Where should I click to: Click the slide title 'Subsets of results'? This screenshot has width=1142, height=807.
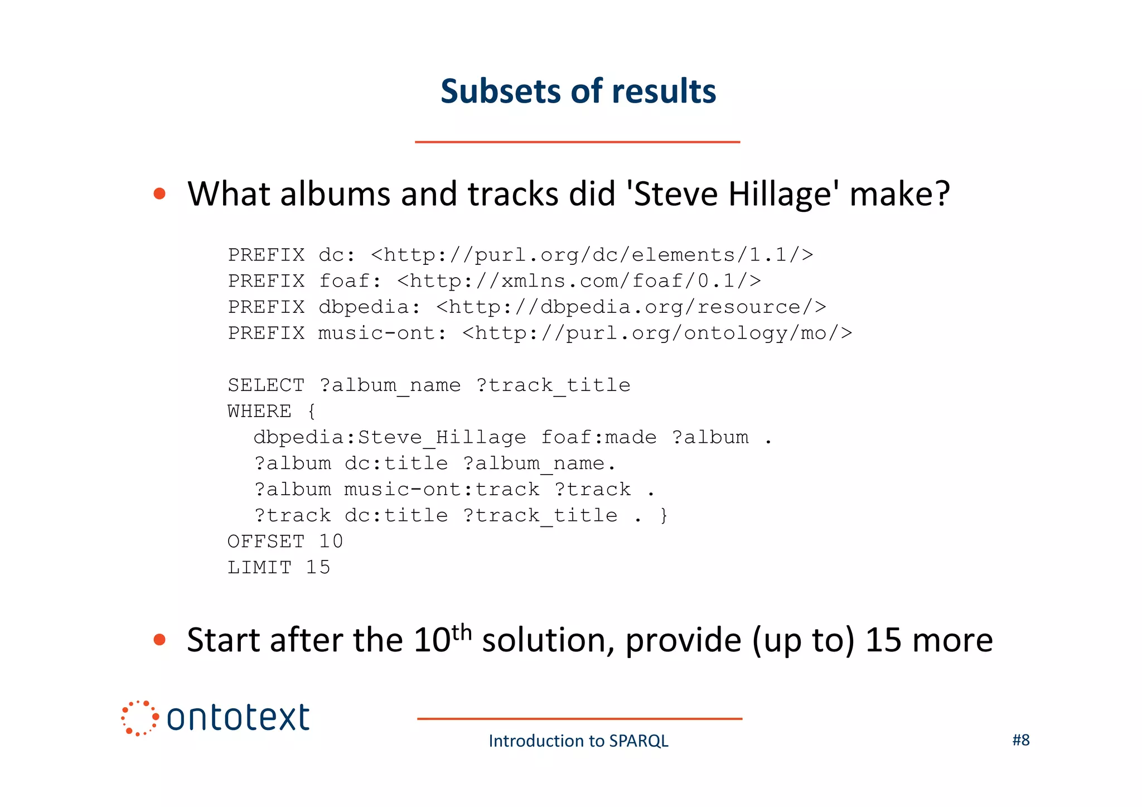[578, 91]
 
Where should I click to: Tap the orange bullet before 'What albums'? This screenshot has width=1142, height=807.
[159, 194]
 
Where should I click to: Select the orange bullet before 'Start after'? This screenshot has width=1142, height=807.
[159, 639]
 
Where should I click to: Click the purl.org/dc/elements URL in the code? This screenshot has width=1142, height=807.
[592, 255]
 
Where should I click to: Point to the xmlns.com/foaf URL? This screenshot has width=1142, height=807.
[579, 281]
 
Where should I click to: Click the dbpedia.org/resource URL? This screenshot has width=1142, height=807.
[631, 307]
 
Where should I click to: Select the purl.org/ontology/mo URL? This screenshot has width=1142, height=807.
[657, 333]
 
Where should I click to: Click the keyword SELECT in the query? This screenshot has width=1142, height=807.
[266, 385]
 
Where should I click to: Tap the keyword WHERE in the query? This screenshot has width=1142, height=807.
[259, 411]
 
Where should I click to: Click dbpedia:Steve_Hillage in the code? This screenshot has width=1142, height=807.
[389, 437]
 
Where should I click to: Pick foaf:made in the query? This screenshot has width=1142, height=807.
[598, 437]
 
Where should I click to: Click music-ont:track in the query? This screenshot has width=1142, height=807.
[442, 489]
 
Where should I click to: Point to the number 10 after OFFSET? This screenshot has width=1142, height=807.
[331, 541]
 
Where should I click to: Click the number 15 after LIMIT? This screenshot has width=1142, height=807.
[318, 567]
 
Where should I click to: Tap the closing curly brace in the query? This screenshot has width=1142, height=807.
[664, 515]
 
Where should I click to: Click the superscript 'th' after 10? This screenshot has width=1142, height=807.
[462, 632]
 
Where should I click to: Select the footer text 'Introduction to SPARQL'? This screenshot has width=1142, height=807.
[578, 741]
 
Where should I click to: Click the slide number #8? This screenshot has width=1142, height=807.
[1020, 740]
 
